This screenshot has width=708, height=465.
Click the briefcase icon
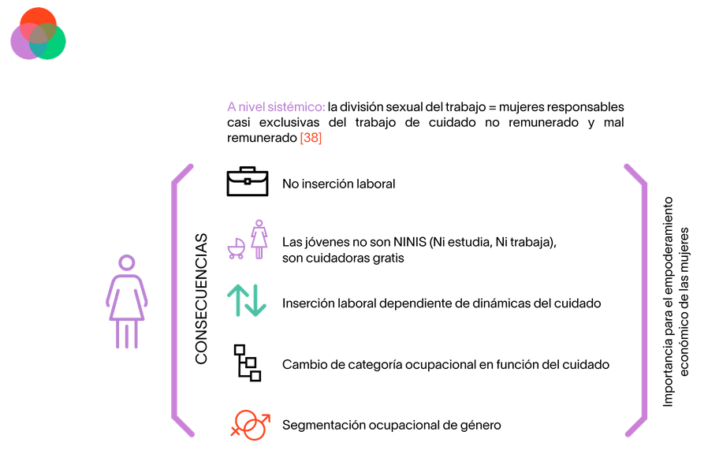point(248,182)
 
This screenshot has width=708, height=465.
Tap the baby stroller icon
point(236,248)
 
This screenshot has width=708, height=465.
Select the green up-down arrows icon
point(247,301)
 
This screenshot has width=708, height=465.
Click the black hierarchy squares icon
point(248,363)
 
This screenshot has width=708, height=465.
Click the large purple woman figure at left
point(127,301)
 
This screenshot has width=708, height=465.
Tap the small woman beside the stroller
point(259,240)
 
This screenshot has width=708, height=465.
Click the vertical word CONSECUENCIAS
point(202,298)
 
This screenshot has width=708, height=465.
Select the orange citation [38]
point(311,137)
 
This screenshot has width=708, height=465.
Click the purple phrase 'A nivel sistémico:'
point(276,106)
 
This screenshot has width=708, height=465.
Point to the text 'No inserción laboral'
point(338,184)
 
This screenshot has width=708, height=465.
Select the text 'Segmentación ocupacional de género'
point(391,425)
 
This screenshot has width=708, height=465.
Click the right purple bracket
point(636,299)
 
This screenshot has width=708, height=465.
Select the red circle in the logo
point(37,23)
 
